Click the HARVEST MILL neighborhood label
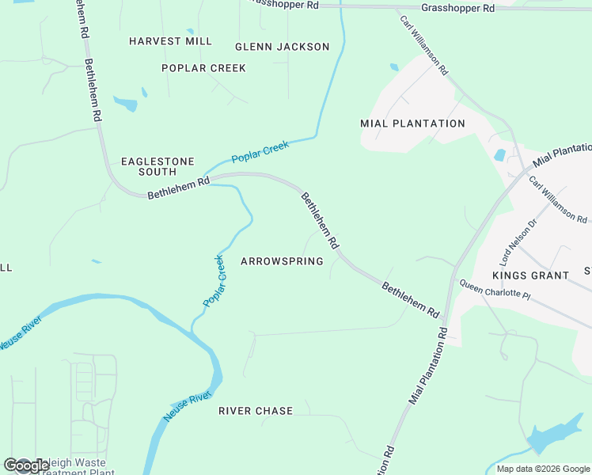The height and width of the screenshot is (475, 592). [x=170, y=41]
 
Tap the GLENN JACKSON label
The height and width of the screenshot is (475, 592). [x=282, y=47]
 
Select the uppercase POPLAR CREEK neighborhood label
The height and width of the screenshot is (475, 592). [x=203, y=68]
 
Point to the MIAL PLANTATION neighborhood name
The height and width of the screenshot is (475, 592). [x=412, y=123]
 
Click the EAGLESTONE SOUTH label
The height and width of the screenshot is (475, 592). [x=157, y=166]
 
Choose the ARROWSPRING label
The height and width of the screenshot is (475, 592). [x=282, y=261]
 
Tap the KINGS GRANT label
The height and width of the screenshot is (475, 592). [x=530, y=275]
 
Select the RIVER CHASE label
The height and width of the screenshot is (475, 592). [x=256, y=411]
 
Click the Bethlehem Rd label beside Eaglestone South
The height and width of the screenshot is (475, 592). [x=178, y=187]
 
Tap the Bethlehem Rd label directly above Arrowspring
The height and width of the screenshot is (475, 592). [x=319, y=221]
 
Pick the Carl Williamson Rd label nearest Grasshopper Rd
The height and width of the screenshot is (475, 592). [x=424, y=46]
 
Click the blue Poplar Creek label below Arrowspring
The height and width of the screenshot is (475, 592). [x=214, y=281]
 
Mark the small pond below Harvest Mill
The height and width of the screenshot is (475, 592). [x=125, y=103]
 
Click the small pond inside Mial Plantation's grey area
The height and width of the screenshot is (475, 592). [x=499, y=155]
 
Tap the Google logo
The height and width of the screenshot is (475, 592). [x=25, y=465]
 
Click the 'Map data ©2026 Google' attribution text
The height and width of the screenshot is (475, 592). [x=543, y=469]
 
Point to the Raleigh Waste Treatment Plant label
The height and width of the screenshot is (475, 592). [x=75, y=468]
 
